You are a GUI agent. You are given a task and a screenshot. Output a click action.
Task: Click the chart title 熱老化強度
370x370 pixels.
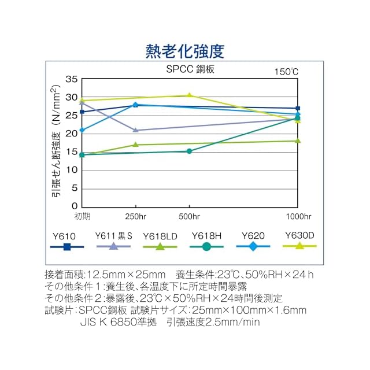tap(185, 51)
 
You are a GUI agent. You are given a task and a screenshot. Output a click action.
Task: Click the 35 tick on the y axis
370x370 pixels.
tap(72, 79)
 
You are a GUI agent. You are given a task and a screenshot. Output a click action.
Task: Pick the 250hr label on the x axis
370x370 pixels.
tap(135, 216)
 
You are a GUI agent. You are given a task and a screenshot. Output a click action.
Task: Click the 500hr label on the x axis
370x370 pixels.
tap(189, 216)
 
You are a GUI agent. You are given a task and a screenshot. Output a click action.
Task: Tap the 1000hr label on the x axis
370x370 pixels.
tap(298, 216)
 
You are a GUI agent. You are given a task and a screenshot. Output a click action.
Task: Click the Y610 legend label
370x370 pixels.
tap(64, 236)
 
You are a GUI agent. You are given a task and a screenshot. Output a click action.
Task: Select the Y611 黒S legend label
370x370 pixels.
tap(114, 236)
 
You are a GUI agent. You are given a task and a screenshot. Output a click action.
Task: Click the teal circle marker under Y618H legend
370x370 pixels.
tap(207, 247)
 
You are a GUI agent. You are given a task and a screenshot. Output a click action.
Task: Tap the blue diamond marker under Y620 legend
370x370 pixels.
tap(253, 247)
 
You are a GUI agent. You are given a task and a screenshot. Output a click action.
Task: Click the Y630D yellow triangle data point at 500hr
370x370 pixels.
tap(189, 95)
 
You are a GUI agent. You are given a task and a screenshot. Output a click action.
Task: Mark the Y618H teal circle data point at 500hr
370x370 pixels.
tap(189, 151)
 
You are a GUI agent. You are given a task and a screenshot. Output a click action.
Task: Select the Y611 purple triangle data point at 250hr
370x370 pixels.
tap(135, 130)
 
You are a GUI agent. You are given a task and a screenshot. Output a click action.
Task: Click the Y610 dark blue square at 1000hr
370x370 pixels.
tap(298, 108)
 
